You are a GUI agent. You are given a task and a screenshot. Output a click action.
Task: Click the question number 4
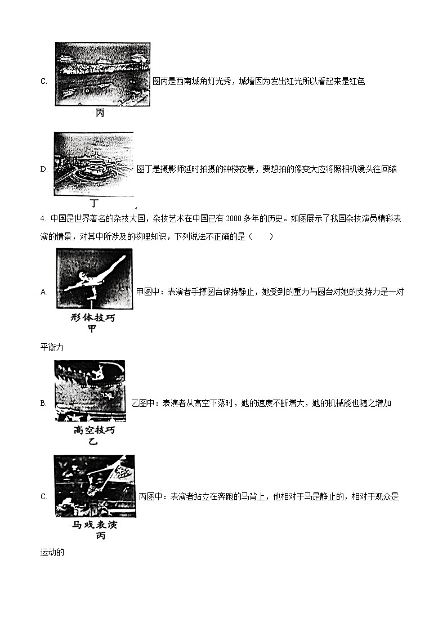click(x=43, y=219)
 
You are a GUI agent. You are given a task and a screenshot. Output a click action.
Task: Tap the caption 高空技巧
click(x=94, y=431)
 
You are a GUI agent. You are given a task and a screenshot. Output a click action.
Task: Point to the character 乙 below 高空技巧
click(x=93, y=441)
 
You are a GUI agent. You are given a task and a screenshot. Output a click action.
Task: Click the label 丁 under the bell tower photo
click(x=94, y=203)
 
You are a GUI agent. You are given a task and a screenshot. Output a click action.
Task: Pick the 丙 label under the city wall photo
click(x=100, y=113)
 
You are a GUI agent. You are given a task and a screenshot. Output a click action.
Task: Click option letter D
click(x=43, y=169)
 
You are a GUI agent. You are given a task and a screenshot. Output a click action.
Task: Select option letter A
click(x=43, y=292)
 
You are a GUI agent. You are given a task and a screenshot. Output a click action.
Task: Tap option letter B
click(x=43, y=403)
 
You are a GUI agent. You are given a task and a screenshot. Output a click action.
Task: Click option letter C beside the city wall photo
click(x=43, y=82)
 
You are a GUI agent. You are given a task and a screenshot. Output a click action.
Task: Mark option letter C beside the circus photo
click(x=43, y=496)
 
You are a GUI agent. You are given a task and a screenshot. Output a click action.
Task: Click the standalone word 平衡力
click(x=52, y=348)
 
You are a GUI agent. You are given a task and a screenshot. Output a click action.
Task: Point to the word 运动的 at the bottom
click(x=52, y=553)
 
